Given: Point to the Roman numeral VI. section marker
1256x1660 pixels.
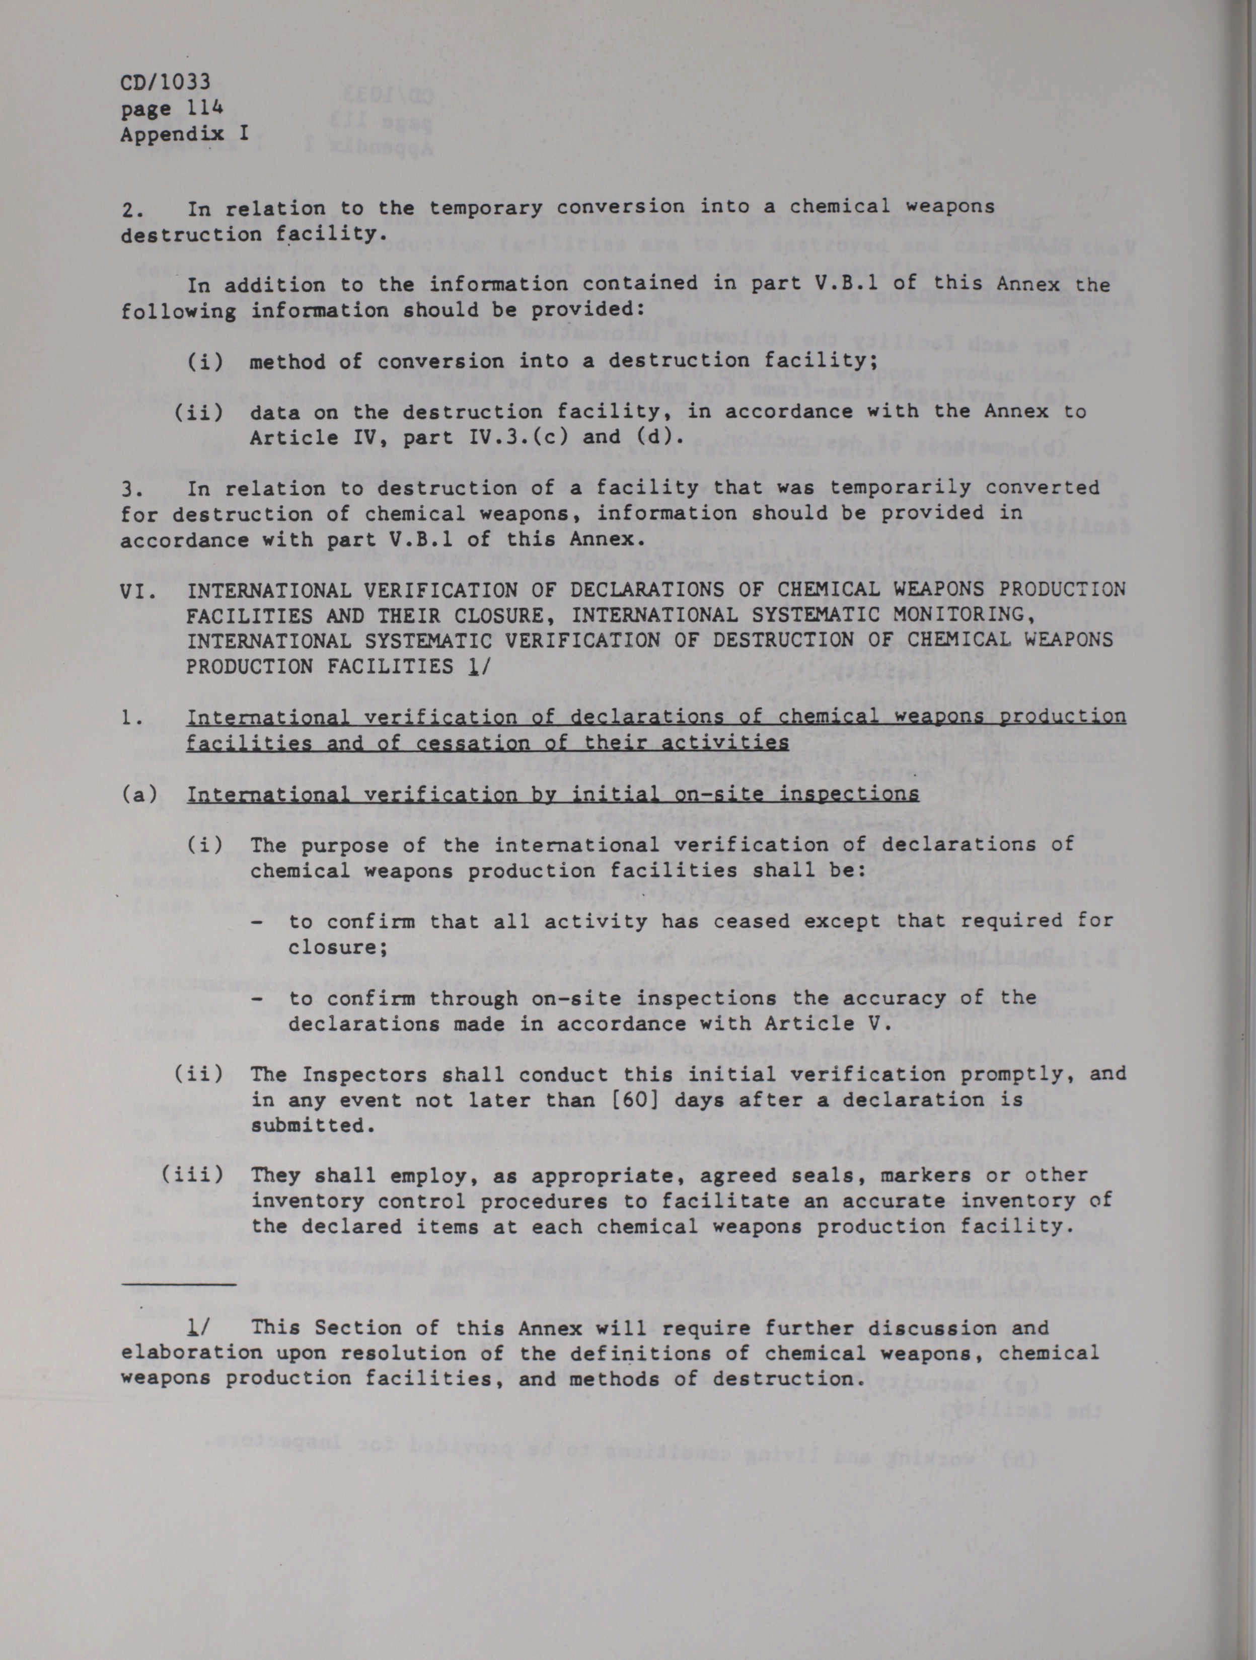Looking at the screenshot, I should coord(139,591).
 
